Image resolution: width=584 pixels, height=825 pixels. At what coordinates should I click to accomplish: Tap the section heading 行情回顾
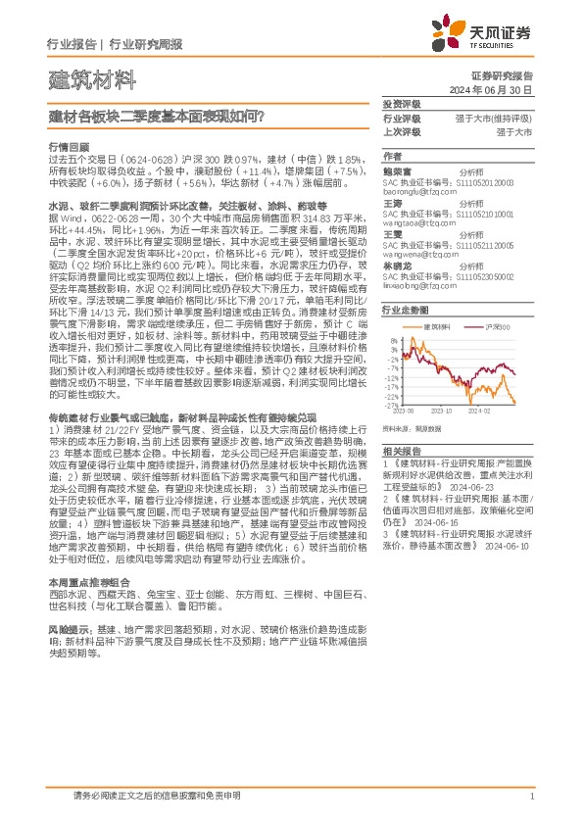[67, 144]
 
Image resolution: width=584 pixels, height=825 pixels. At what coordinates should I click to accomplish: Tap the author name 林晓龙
[397, 267]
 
